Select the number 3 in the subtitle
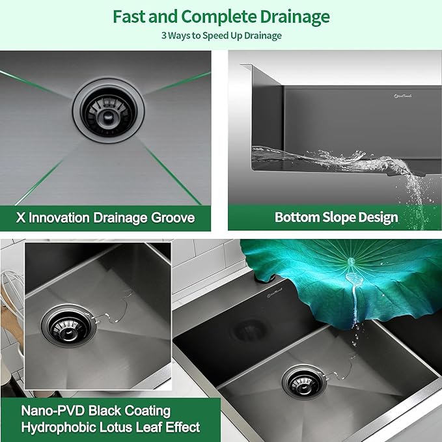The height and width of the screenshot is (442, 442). [x=163, y=35]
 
